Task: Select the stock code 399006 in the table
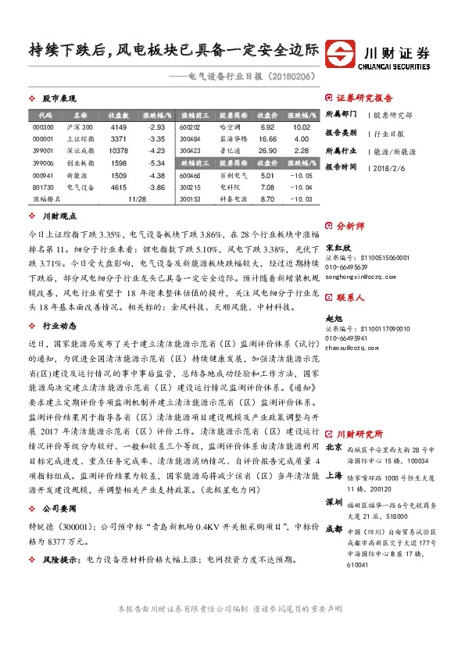pos(43,163)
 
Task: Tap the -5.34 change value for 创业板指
pos(156,163)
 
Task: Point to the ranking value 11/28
pos(137,199)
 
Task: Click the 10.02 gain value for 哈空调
pos(302,127)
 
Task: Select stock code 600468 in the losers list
pos(190,175)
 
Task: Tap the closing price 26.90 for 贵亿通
pos(267,151)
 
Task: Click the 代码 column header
pos(43,114)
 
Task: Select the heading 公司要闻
pos(59,507)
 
